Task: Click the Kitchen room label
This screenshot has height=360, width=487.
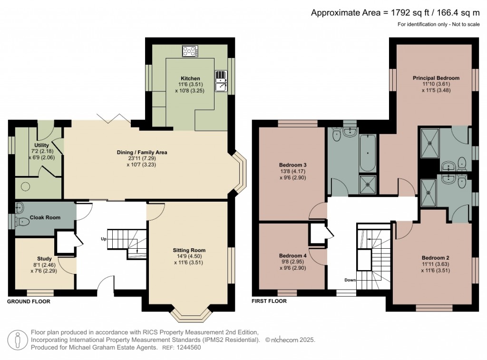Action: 190,78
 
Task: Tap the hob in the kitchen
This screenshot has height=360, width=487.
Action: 190,51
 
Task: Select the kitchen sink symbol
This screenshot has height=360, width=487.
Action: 221,81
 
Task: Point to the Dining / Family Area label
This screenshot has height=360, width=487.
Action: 142,152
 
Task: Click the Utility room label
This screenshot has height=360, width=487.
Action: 42,145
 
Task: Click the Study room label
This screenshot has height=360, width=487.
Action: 44,258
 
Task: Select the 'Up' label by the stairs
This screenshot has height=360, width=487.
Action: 104,239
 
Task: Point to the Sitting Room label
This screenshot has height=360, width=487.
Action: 189,250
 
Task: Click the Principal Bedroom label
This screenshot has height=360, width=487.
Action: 436,78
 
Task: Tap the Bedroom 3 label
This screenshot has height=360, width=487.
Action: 293,165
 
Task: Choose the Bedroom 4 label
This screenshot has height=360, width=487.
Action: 293,256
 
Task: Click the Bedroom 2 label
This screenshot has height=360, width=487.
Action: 436,258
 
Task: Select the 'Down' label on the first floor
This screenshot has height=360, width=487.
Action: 350,280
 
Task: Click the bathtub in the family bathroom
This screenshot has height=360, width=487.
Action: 368,153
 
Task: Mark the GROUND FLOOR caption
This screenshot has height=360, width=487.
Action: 29,302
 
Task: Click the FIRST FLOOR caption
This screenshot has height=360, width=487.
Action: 269,301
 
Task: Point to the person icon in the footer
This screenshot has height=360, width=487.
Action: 18,340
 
